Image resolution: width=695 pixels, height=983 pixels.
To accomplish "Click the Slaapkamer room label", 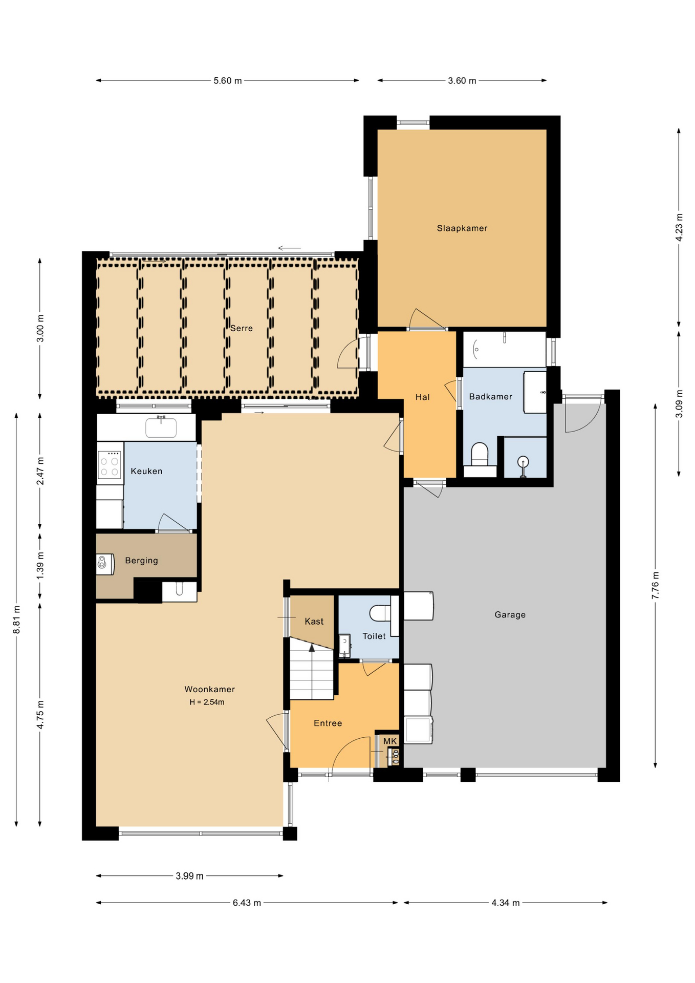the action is [462, 228].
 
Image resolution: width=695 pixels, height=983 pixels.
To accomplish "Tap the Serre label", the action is [242, 328].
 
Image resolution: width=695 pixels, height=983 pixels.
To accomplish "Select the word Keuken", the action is [146, 471].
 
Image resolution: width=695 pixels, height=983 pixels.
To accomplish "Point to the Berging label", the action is [141, 561].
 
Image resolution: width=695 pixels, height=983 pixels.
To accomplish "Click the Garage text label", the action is [510, 614].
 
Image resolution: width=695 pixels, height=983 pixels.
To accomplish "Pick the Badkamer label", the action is [490, 396].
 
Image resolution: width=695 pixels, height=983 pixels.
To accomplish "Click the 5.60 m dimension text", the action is [228, 81].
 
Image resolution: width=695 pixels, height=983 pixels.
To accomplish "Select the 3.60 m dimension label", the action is [462, 81].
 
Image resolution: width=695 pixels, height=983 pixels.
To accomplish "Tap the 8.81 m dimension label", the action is [16, 619].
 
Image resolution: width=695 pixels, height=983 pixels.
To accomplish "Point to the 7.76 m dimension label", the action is [655, 585].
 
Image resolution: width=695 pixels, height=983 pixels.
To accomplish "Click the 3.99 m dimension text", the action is [189, 876].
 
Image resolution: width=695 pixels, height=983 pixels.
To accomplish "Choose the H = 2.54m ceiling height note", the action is [207, 702].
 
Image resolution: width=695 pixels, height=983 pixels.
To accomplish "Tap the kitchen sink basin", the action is [161, 428].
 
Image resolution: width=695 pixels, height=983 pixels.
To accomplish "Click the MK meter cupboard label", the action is [390, 741].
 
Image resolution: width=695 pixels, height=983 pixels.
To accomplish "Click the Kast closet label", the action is [314, 622].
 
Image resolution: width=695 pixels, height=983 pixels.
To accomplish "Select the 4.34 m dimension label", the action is [506, 903].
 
